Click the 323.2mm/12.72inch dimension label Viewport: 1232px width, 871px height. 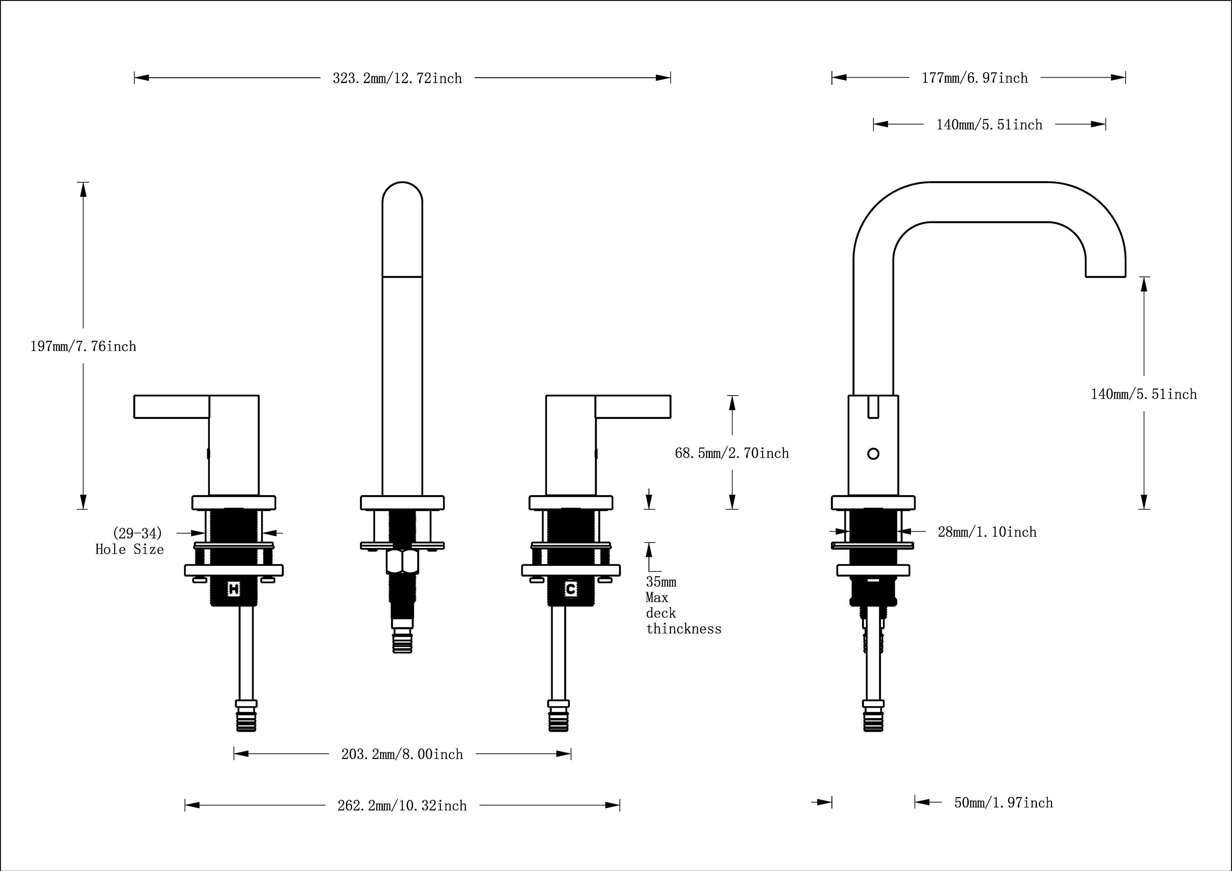[397, 78]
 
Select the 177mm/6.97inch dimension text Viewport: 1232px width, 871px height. [974, 78]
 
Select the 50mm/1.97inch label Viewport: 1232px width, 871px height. [1004, 803]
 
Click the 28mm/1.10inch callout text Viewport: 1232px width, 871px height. [987, 532]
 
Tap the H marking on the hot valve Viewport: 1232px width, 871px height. [234, 589]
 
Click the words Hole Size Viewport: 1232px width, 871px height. [129, 550]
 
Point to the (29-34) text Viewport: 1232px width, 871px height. [137, 534]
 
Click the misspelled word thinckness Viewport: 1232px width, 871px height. [684, 629]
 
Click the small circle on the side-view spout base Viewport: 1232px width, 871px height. [873, 454]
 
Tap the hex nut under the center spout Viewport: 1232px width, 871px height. [402, 562]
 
